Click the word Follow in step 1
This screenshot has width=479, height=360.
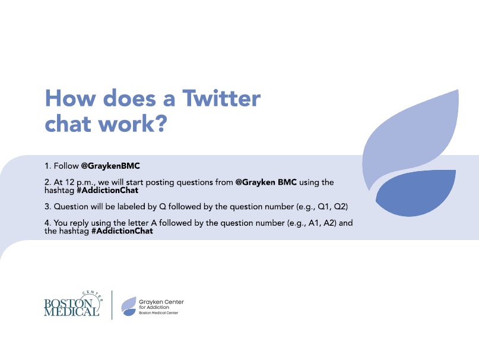(x=65, y=166)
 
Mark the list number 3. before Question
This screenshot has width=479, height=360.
(x=47, y=207)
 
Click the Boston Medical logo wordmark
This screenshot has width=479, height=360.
(x=72, y=306)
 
